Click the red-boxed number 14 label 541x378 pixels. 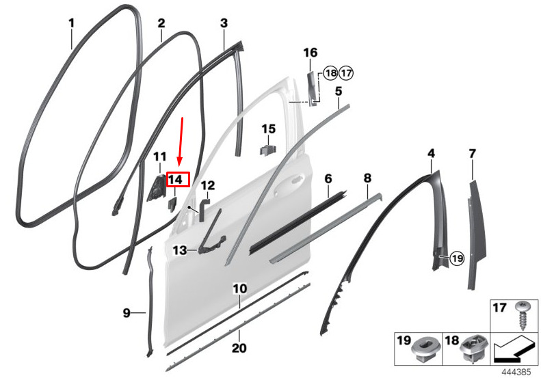tap(178, 180)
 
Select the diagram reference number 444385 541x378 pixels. tap(516, 373)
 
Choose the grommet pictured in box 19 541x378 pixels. tap(425, 349)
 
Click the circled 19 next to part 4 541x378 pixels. tap(457, 258)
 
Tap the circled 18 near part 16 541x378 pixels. tap(330, 73)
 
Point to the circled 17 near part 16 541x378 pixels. tap(346, 73)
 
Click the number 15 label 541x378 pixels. tap(268, 129)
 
